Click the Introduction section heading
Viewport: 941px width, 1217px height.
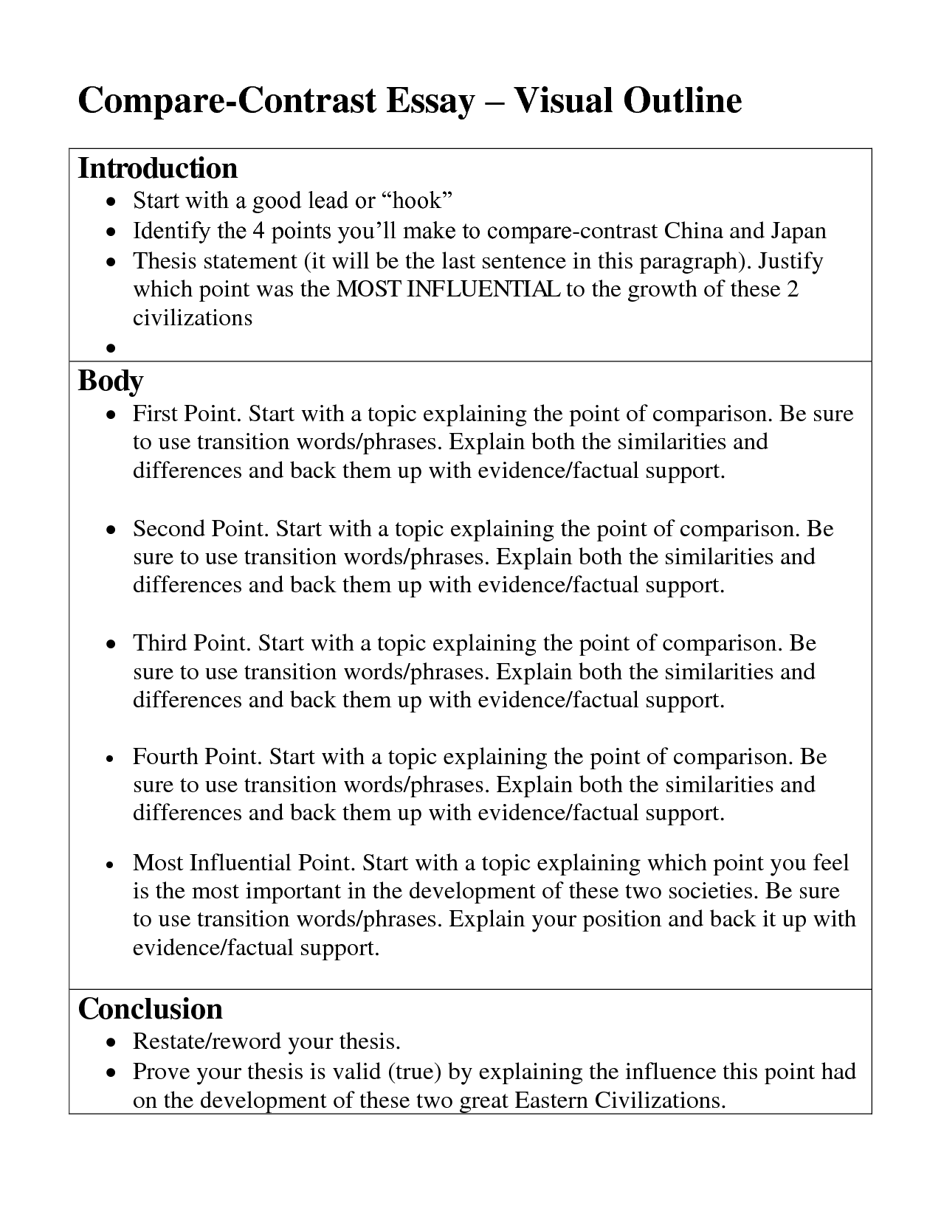(158, 169)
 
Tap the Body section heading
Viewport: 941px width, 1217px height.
(111, 381)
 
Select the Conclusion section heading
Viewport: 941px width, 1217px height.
(150, 1009)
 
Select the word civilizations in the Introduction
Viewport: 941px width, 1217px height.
(193, 317)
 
